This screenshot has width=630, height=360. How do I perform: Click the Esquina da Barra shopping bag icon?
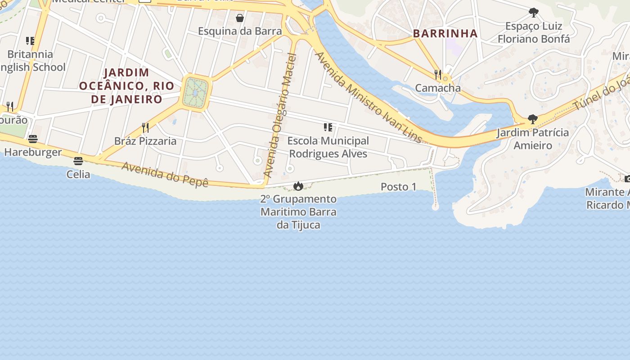[240, 18]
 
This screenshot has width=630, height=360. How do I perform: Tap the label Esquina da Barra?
[240, 31]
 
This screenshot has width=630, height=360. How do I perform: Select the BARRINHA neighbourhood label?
[445, 33]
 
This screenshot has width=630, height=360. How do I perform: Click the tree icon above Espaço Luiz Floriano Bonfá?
[533, 13]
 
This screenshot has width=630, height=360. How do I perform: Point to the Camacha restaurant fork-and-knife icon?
[438, 74]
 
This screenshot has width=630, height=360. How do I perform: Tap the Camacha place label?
[438, 88]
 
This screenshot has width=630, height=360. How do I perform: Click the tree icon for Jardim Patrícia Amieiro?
[533, 119]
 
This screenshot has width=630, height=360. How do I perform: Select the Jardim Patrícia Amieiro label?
[533, 139]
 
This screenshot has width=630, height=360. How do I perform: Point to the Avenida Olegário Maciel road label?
[280, 115]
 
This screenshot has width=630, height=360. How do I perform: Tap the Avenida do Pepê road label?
[165, 175]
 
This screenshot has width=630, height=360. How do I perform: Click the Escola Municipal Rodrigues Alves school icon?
[328, 127]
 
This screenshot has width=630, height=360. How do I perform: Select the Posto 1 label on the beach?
[398, 187]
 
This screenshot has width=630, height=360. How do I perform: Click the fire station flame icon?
[298, 186]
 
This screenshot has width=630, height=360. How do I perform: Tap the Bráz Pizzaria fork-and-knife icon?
[145, 128]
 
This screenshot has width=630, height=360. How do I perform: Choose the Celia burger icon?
[78, 161]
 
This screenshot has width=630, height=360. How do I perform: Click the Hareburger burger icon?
[33, 139]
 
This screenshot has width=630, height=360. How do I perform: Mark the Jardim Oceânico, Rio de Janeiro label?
[126, 85]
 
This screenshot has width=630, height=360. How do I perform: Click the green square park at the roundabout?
[196, 93]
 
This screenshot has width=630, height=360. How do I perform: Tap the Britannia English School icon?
[30, 41]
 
